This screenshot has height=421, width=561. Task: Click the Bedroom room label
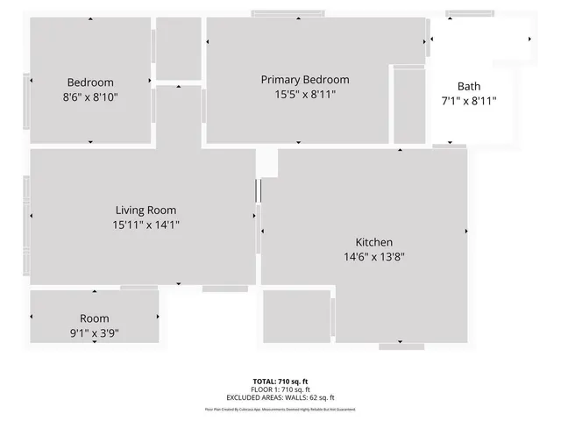click(x=91, y=82)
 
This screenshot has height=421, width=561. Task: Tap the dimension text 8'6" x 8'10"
click(x=91, y=97)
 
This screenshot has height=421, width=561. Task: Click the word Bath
click(x=468, y=86)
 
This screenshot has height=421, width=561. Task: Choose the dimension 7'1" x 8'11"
click(x=468, y=101)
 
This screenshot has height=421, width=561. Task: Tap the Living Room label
click(x=146, y=210)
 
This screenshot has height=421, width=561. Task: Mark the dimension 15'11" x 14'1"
click(x=146, y=225)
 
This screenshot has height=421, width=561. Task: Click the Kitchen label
click(x=373, y=242)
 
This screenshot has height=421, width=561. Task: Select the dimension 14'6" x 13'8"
click(x=373, y=257)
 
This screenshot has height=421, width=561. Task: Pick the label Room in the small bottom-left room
click(x=94, y=318)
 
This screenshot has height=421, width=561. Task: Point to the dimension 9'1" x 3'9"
click(x=94, y=332)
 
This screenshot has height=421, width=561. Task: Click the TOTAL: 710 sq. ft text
click(x=280, y=381)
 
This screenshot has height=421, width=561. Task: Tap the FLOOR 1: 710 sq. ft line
click(x=280, y=389)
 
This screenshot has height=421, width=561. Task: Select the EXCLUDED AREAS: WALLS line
click(x=280, y=396)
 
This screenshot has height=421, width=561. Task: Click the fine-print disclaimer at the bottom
click(x=280, y=409)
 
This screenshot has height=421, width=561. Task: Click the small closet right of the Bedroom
click(x=178, y=48)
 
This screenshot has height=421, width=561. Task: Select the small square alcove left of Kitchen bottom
click(x=296, y=316)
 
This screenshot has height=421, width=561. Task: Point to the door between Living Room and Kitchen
click(x=259, y=191)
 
